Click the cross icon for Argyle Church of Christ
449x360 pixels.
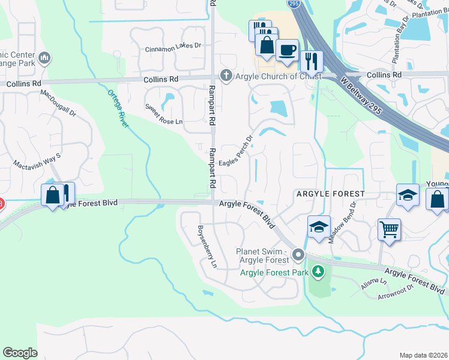click(x=226, y=76)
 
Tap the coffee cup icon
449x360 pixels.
click(x=288, y=50)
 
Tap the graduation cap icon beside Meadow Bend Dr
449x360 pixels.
click(x=319, y=226)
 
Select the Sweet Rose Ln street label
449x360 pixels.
click(x=163, y=114)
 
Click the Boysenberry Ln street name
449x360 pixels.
click(x=207, y=246)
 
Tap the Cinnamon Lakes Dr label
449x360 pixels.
click(x=174, y=46)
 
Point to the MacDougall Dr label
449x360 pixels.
click(x=59, y=103)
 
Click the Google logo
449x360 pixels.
click(x=20, y=353)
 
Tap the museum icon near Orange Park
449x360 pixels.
click(x=43, y=58)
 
